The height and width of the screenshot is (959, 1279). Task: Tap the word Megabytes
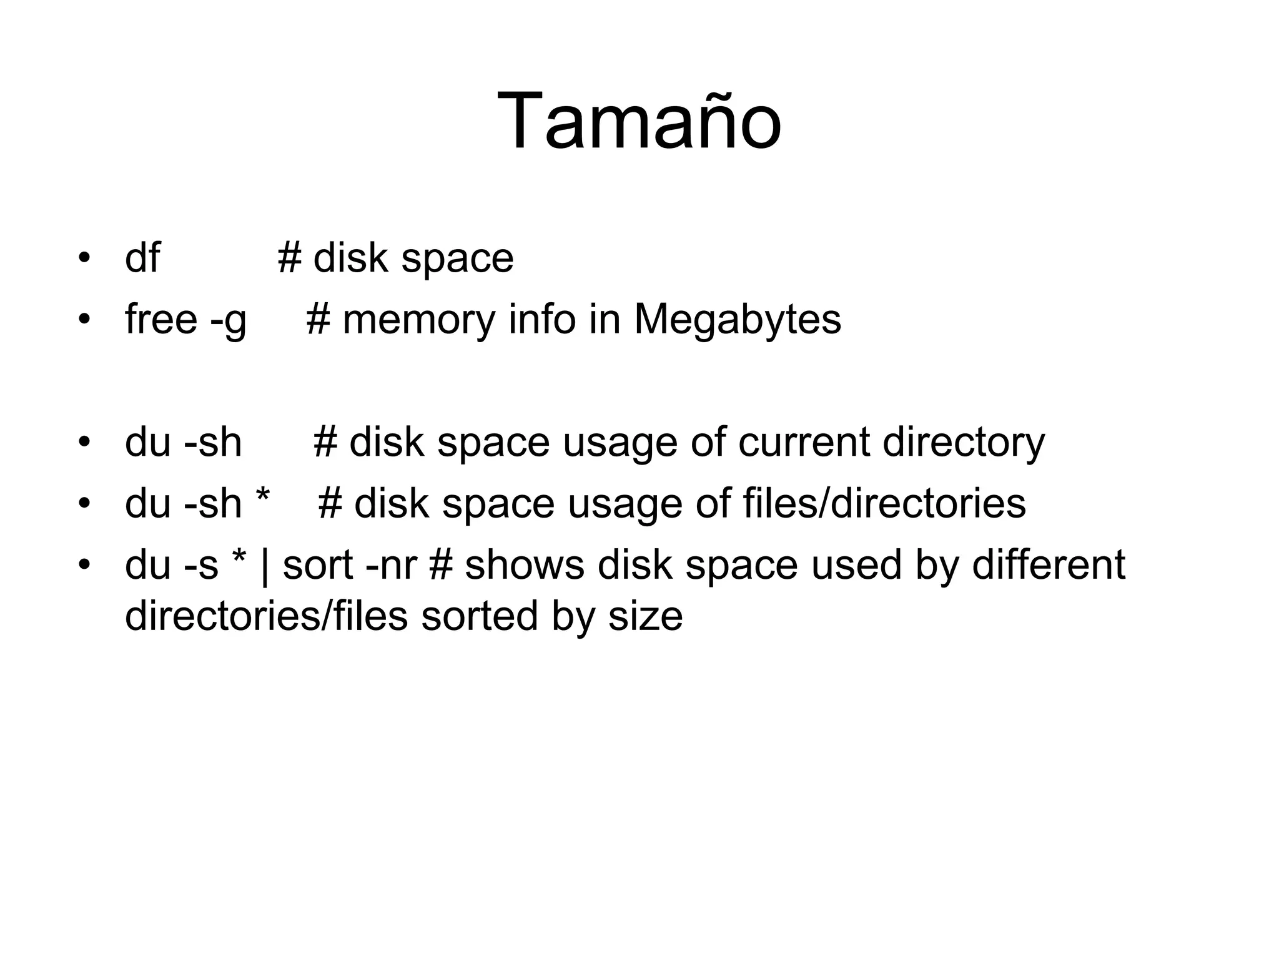pyautogui.click(x=738, y=320)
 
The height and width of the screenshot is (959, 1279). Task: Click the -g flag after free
pyautogui.click(x=229, y=321)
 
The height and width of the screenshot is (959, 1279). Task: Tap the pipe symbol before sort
pyautogui.click(x=264, y=566)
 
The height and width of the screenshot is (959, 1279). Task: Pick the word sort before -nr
pyautogui.click(x=317, y=566)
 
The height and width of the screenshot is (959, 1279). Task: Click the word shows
pyautogui.click(x=525, y=566)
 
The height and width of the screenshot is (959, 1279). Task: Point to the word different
pyautogui.click(x=1049, y=564)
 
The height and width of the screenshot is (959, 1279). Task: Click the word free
pyautogui.click(x=161, y=320)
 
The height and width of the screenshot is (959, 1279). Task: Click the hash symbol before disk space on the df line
pyautogui.click(x=289, y=258)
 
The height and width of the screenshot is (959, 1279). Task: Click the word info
pyautogui.click(x=541, y=320)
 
